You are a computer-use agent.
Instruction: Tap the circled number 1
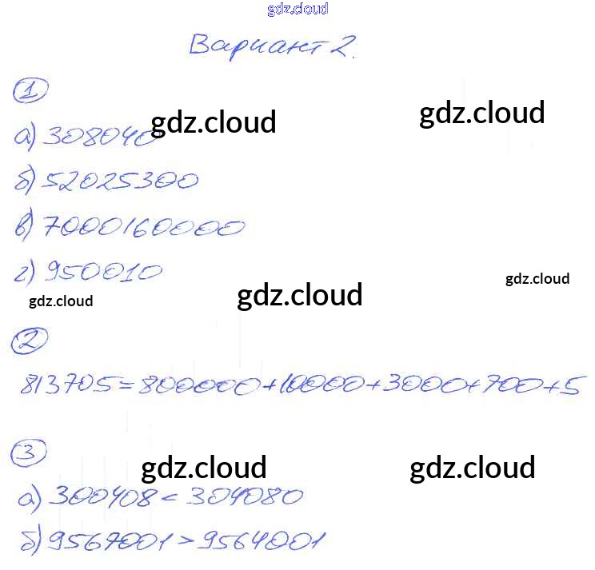[30, 90]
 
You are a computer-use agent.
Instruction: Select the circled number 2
[29, 343]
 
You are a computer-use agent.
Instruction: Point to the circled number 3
[27, 455]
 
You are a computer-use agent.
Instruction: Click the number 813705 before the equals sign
[65, 386]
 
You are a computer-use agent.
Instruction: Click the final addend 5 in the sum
[569, 386]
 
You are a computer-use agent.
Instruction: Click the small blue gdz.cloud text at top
[297, 10]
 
